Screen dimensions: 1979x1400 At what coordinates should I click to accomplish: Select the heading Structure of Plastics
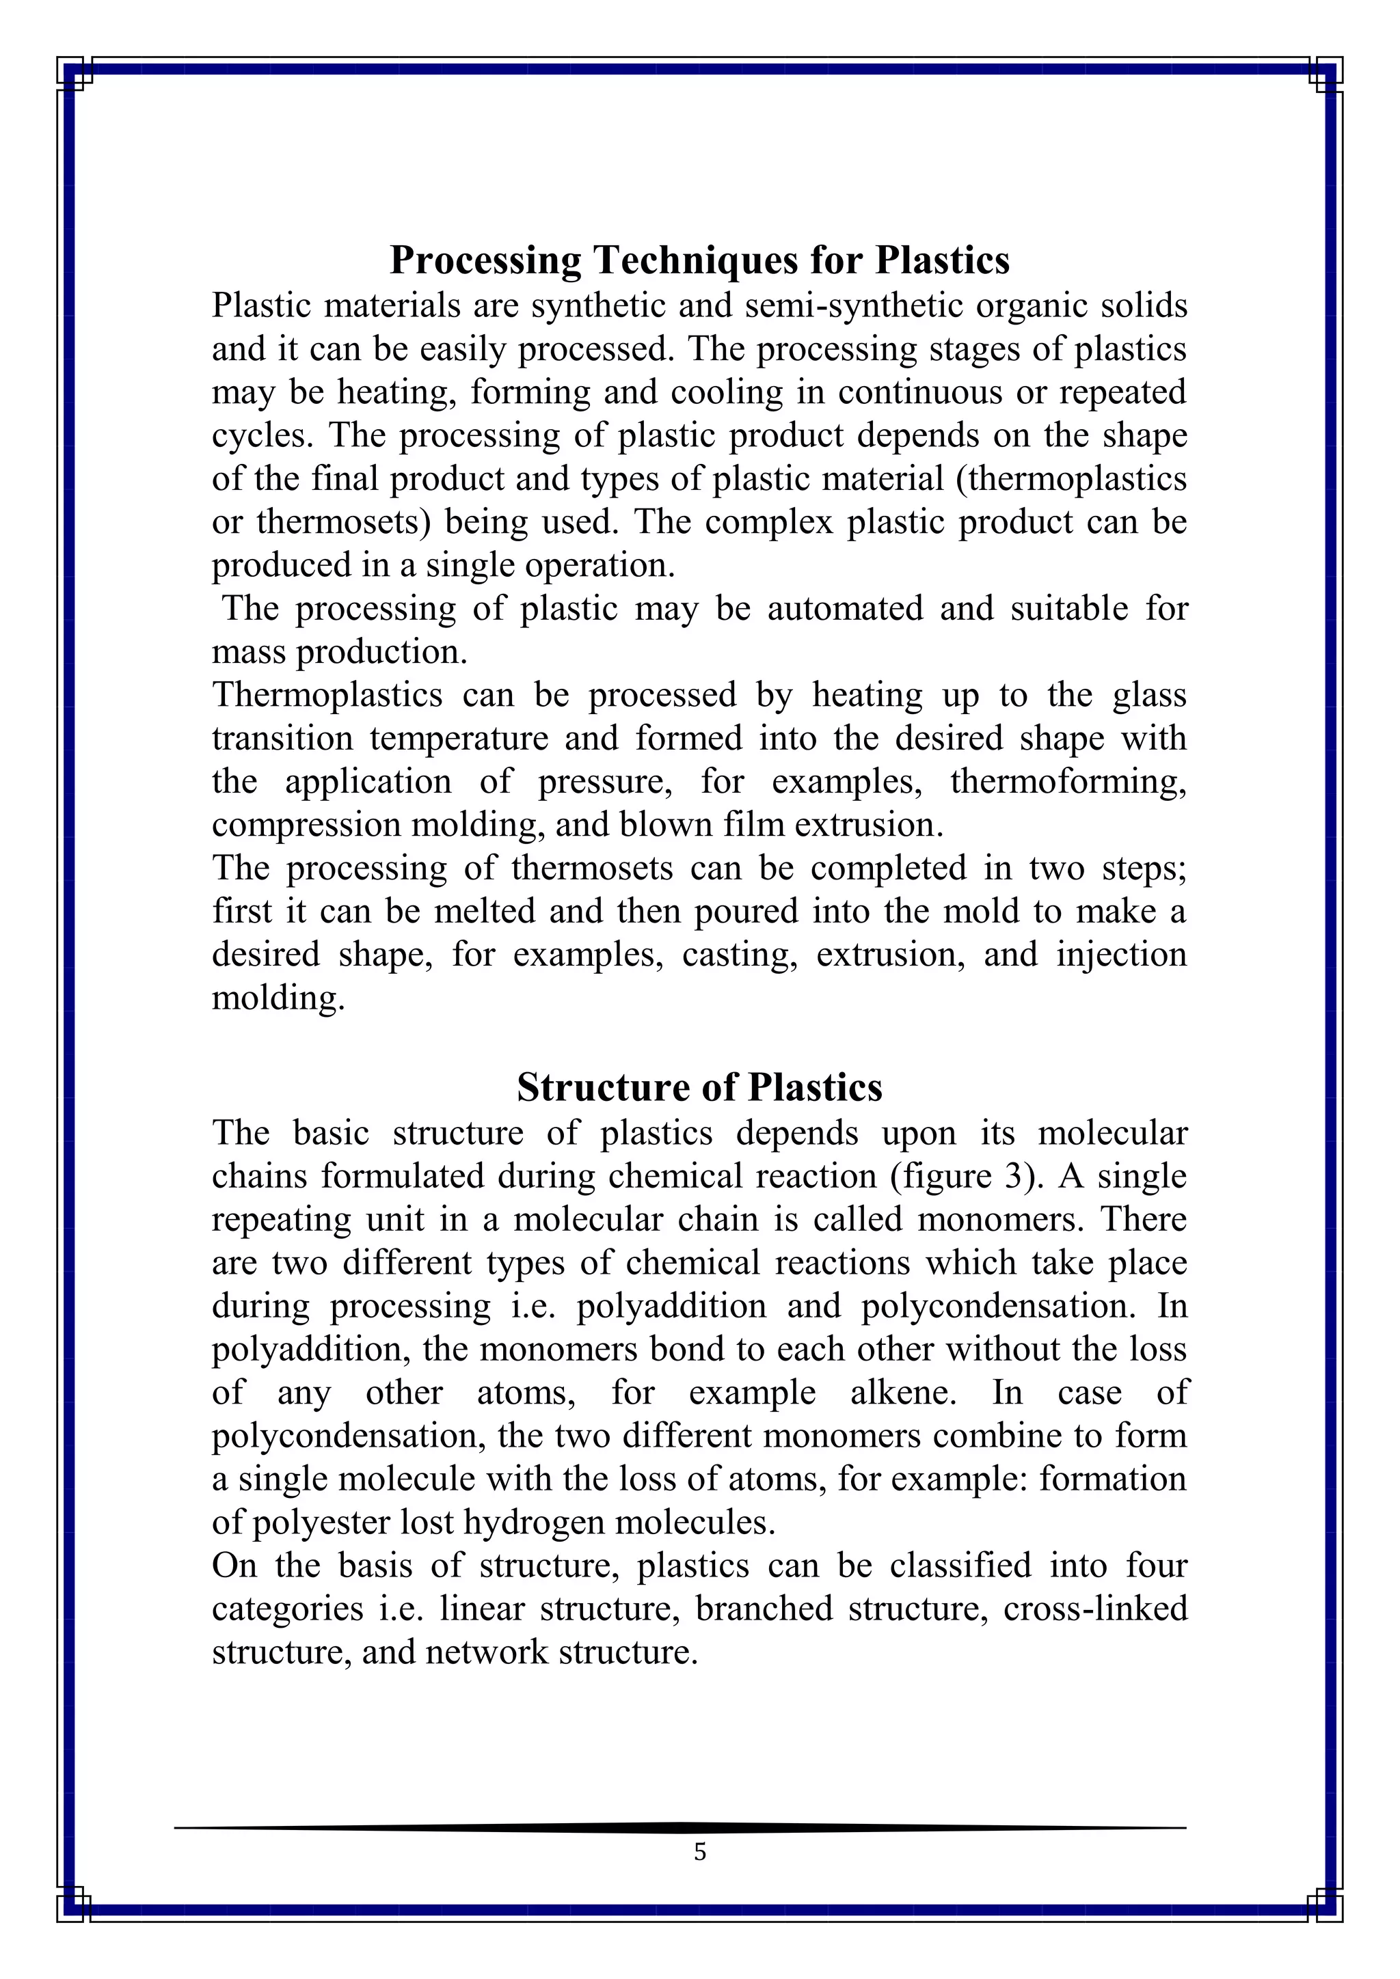(699, 1088)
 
